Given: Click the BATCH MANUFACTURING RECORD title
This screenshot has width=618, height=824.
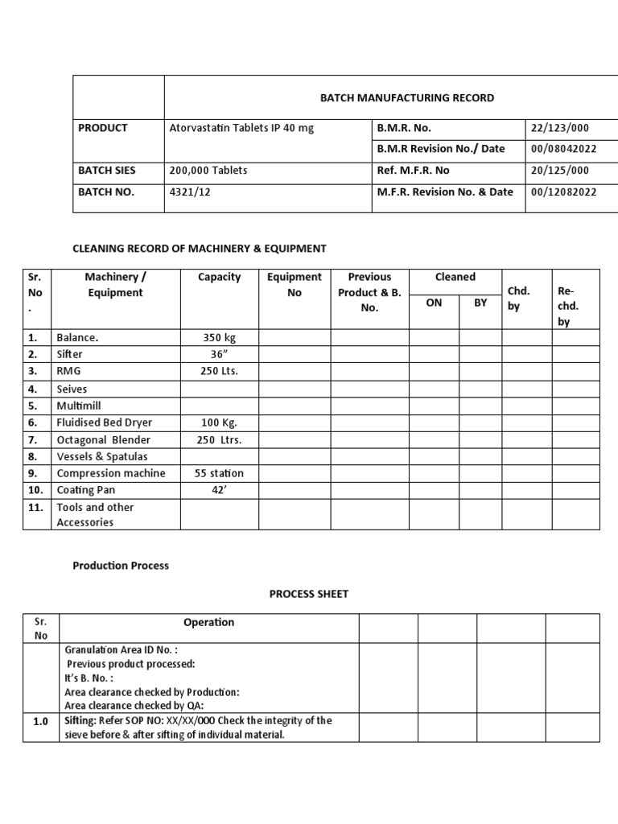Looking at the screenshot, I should click(x=407, y=98).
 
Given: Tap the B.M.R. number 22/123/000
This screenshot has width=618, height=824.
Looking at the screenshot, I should click(x=560, y=128).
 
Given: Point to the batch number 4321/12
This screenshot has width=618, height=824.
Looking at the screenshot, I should click(x=189, y=192).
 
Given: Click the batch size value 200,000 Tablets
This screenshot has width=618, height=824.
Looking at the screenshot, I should click(x=208, y=171).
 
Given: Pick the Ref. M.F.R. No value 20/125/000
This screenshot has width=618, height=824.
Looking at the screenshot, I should click(x=560, y=171).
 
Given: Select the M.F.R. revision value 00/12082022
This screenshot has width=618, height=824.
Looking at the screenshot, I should click(x=565, y=192).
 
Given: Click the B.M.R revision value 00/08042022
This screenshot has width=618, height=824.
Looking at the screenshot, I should click(x=565, y=149).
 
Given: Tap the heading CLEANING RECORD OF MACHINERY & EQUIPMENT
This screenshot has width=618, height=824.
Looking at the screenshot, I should click(x=200, y=249).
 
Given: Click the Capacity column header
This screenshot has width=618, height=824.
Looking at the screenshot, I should click(x=219, y=277).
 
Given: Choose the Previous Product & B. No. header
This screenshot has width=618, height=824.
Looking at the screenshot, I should click(x=369, y=292).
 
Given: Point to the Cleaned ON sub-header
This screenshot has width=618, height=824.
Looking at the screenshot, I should click(x=434, y=303).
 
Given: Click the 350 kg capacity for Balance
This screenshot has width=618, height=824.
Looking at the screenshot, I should click(x=219, y=338).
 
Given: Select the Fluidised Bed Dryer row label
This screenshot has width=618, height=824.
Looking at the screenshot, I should click(x=104, y=422).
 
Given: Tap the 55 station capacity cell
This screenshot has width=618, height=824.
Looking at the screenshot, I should click(x=219, y=473).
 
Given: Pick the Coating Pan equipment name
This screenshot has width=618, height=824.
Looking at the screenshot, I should click(x=86, y=490).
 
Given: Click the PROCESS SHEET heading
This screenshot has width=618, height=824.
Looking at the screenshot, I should click(x=308, y=595).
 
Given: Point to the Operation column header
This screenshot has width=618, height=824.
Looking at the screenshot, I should click(x=209, y=622).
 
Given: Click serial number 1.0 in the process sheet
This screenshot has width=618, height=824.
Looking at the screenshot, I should click(x=41, y=722).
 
